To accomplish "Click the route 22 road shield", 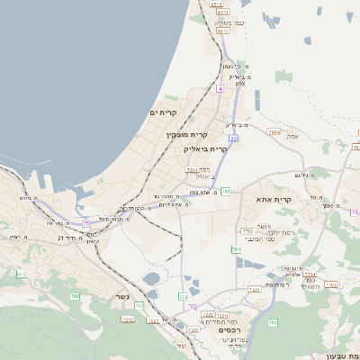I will click(x=233, y=139).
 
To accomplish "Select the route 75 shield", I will click(x=85, y=222).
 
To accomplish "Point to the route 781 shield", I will click(x=226, y=192).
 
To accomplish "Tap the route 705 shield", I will click(x=75, y=296).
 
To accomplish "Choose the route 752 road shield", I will click(x=128, y=319).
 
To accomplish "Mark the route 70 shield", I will click(x=193, y=309).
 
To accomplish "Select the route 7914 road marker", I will click(x=274, y=132).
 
